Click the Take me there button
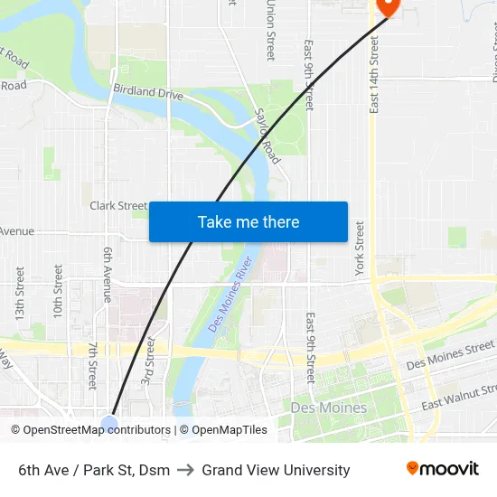click(x=248, y=221)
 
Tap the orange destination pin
click(x=387, y=5)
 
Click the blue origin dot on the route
click(x=109, y=424)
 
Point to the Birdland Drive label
click(x=148, y=92)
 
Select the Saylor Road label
click(x=268, y=136)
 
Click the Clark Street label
click(x=118, y=206)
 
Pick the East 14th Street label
click(x=374, y=75)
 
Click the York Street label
click(x=360, y=248)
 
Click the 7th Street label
click(x=91, y=366)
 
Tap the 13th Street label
click(x=19, y=292)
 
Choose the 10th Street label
click(x=58, y=291)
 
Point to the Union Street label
click(x=270, y=31)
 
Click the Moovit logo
click(x=442, y=469)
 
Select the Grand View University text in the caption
click(x=276, y=470)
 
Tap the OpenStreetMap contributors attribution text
click(x=90, y=430)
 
